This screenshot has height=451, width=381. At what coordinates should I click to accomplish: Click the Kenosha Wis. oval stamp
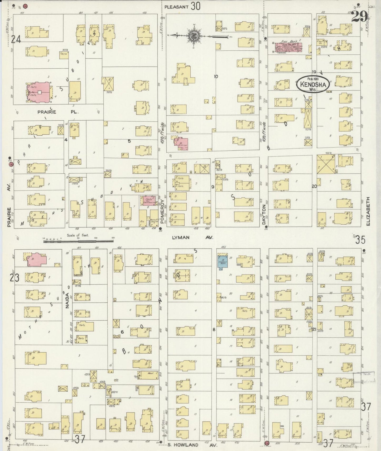(313, 85)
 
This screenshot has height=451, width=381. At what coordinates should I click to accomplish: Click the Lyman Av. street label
(192, 238)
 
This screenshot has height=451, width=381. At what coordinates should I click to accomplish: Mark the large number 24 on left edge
(16, 40)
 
